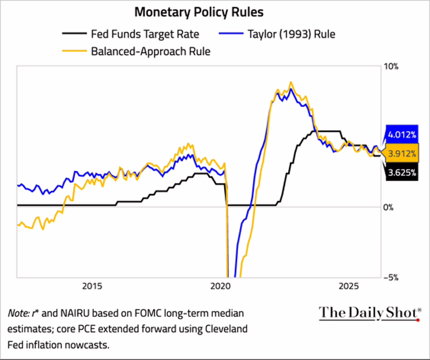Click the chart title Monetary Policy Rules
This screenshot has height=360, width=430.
click(x=199, y=12)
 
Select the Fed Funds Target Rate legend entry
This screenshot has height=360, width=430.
click(x=145, y=35)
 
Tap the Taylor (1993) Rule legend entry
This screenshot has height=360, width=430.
click(x=292, y=35)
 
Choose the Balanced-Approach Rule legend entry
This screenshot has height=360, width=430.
click(x=150, y=51)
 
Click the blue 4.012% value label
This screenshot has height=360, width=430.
click(x=402, y=135)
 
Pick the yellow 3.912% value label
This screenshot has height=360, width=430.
click(x=402, y=153)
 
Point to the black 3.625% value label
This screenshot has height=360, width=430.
click(x=402, y=173)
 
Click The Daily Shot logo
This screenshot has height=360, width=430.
click(x=370, y=313)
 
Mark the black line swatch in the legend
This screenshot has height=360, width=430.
click(x=74, y=35)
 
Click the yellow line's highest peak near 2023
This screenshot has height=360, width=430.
click(x=291, y=82)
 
